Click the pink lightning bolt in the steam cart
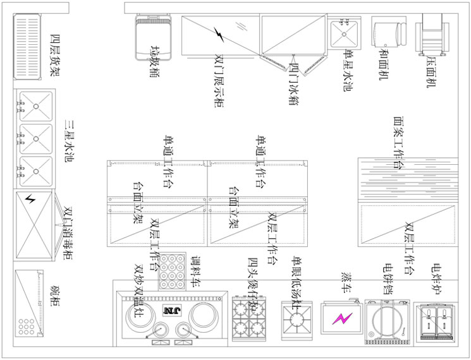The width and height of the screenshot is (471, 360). [x=343, y=320]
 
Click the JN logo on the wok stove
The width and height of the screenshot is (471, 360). [x=171, y=310]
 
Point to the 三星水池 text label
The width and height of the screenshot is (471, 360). [x=69, y=140]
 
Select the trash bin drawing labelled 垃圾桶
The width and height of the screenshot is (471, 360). [x=153, y=37]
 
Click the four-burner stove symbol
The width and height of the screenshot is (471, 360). [x=249, y=318]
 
